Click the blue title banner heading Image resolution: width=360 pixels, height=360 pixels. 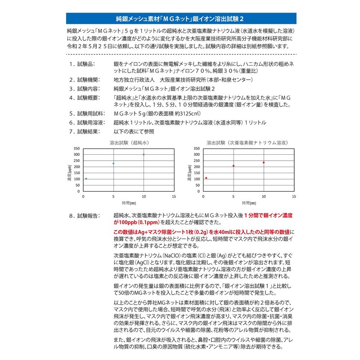click(x=180, y=19)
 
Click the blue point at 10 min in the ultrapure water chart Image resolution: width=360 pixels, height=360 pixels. click(x=144, y=155)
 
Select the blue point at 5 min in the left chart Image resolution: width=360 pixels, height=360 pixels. click(x=113, y=163)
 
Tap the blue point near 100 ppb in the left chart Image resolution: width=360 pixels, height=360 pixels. click(x=86, y=179)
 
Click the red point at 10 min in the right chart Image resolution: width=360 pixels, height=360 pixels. click(x=263, y=162)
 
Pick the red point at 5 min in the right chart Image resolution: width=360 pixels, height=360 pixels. click(x=234, y=166)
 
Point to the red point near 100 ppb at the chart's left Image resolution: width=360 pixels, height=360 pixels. click(x=206, y=178)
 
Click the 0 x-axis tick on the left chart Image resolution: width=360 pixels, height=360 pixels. click(x=84, y=197)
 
